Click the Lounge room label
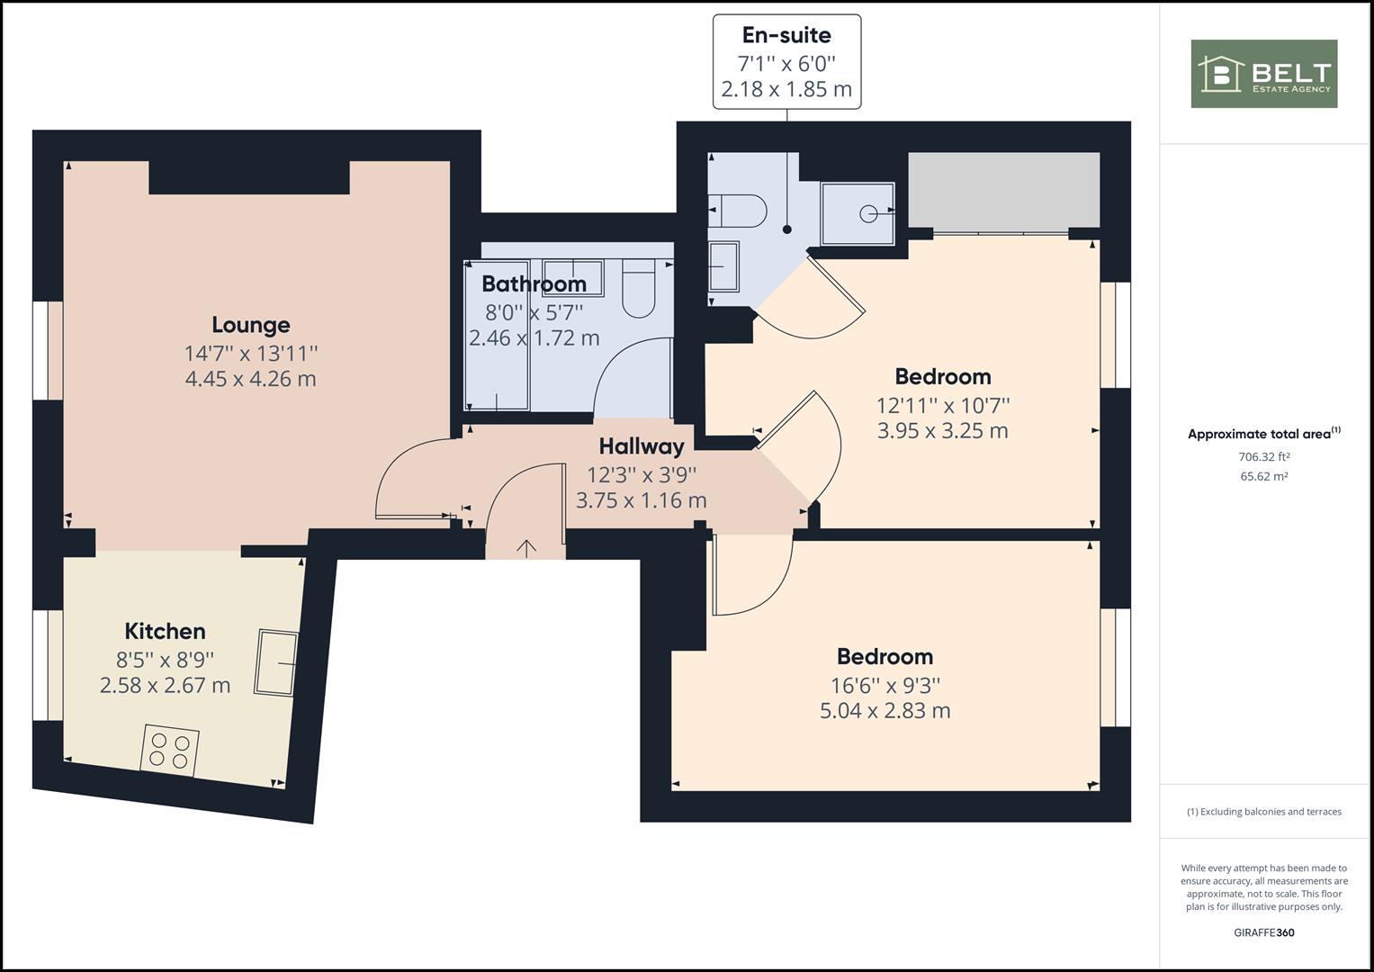(251, 325)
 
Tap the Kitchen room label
(165, 631)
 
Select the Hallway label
(642, 446)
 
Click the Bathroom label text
(534, 284)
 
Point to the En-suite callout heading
(787, 35)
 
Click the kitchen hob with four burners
(170, 751)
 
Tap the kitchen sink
(276, 662)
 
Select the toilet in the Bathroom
(639, 288)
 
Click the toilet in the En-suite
(738, 211)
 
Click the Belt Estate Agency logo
(1264, 74)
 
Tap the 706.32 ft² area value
(1264, 456)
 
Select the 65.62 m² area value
(1264, 476)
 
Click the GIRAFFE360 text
(1264, 932)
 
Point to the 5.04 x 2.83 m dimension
(885, 711)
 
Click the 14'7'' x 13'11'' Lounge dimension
(251, 354)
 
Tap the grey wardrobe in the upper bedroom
(1004, 190)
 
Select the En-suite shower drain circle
(868, 213)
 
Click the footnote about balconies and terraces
(1264, 812)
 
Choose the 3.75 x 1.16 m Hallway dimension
(641, 500)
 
